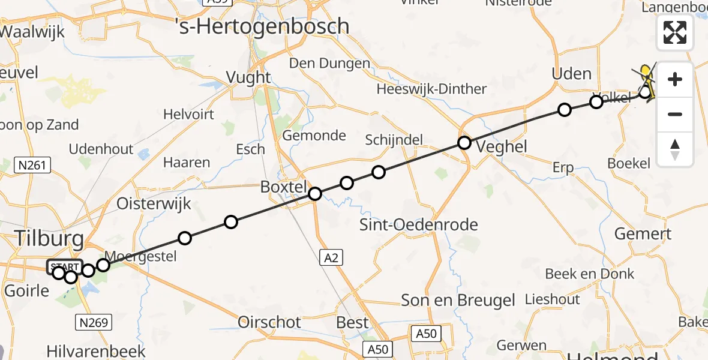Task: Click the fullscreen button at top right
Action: [x=675, y=32]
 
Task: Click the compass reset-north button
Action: [x=675, y=149]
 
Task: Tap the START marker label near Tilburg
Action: [x=64, y=267]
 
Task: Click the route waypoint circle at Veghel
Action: [x=464, y=143]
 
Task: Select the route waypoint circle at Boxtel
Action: [x=315, y=194]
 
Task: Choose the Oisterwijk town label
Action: [x=154, y=203]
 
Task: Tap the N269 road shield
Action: [x=94, y=323]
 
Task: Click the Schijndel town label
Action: [x=394, y=140]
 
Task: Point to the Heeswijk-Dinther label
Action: [x=431, y=89]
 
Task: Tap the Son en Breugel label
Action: [x=458, y=300]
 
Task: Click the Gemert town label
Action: [x=643, y=234]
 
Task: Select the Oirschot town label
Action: [x=269, y=322]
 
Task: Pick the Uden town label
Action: [x=571, y=74]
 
